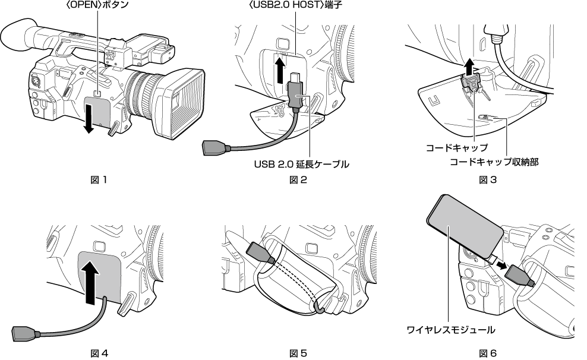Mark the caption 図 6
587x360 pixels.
[488, 353]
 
